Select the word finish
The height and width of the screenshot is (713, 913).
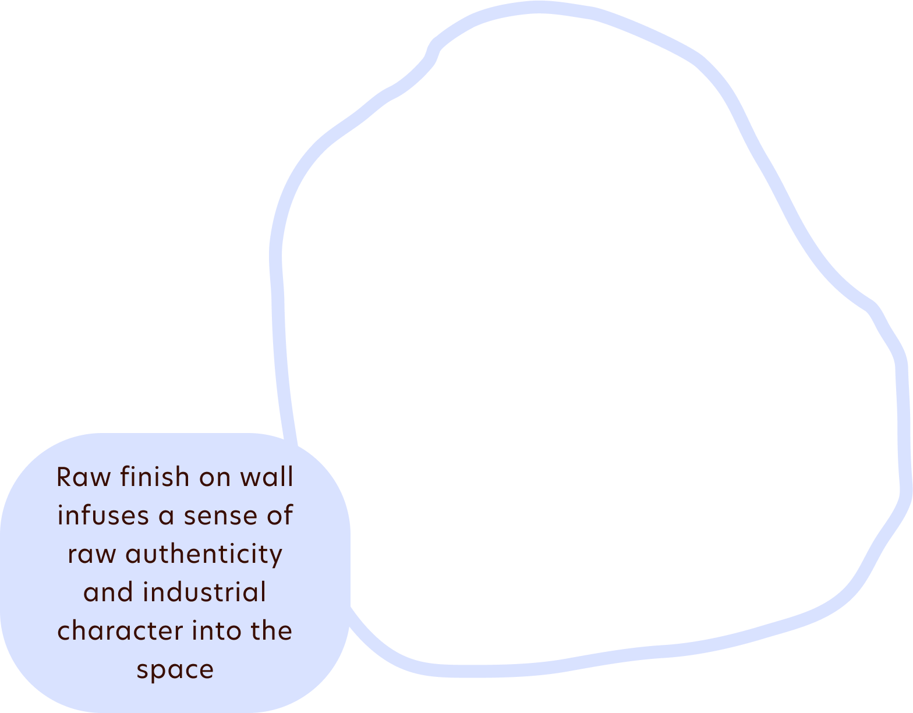155,477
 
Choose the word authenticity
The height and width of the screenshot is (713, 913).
204,554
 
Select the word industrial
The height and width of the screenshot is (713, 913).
204,593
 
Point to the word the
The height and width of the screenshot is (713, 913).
271,631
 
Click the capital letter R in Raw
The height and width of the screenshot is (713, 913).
65,477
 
